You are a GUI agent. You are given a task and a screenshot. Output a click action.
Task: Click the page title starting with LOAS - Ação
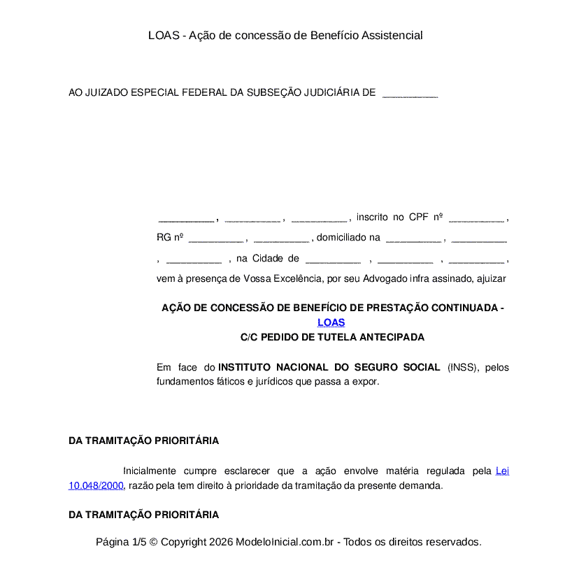click(285, 35)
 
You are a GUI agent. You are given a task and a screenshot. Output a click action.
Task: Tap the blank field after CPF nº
click(476, 217)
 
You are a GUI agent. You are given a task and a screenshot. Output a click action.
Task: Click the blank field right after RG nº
click(215, 238)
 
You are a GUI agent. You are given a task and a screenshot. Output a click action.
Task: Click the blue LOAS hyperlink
click(331, 322)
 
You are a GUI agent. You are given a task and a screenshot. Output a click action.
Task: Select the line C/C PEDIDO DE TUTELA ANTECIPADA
click(332, 337)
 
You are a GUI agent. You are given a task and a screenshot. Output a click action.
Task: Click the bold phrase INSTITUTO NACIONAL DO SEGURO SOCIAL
click(329, 367)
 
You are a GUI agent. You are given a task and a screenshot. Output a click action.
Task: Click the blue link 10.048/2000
click(96, 485)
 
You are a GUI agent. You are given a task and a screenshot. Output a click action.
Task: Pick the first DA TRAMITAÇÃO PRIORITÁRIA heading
click(143, 441)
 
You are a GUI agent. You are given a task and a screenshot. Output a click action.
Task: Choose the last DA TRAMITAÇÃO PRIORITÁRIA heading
click(143, 515)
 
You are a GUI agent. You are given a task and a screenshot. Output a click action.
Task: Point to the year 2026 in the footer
click(220, 542)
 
